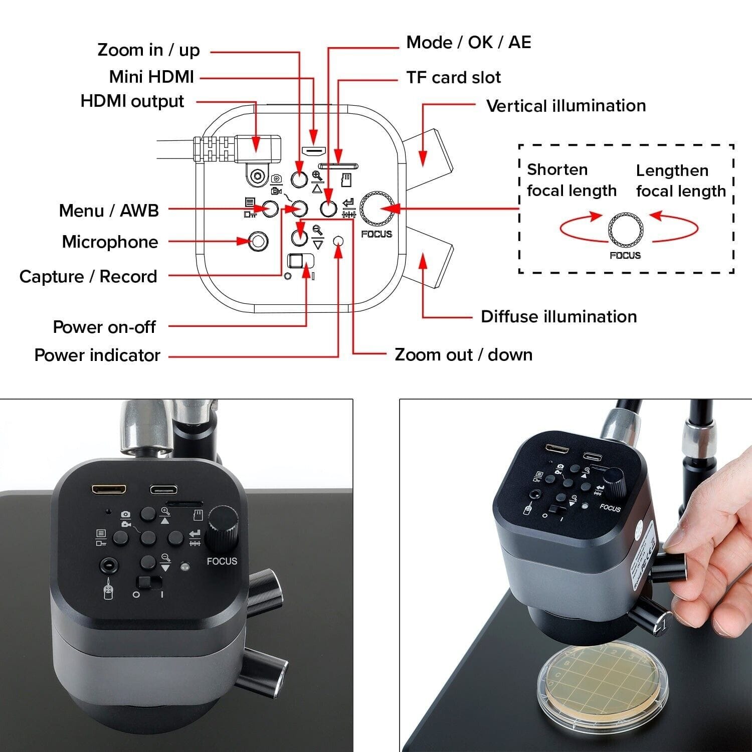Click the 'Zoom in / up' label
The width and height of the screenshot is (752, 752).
point(148,50)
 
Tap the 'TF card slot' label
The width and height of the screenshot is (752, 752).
point(453,78)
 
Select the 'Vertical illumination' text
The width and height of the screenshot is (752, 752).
point(566,106)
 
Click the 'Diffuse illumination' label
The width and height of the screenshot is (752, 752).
point(558,317)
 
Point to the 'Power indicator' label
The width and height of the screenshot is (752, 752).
point(97,355)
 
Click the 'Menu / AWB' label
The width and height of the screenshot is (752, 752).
point(109,211)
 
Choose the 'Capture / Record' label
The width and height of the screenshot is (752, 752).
point(88,277)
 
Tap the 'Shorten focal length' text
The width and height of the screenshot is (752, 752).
point(572,180)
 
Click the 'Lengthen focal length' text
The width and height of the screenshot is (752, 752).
point(681,181)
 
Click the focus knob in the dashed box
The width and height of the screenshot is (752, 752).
point(626,231)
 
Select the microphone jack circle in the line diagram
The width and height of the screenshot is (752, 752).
point(258,242)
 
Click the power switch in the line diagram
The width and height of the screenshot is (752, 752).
point(300,261)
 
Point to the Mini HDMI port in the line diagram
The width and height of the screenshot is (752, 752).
point(314,150)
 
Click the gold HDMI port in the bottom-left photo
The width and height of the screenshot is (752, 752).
point(109,489)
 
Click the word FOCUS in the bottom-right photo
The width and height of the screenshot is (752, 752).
point(610,508)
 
